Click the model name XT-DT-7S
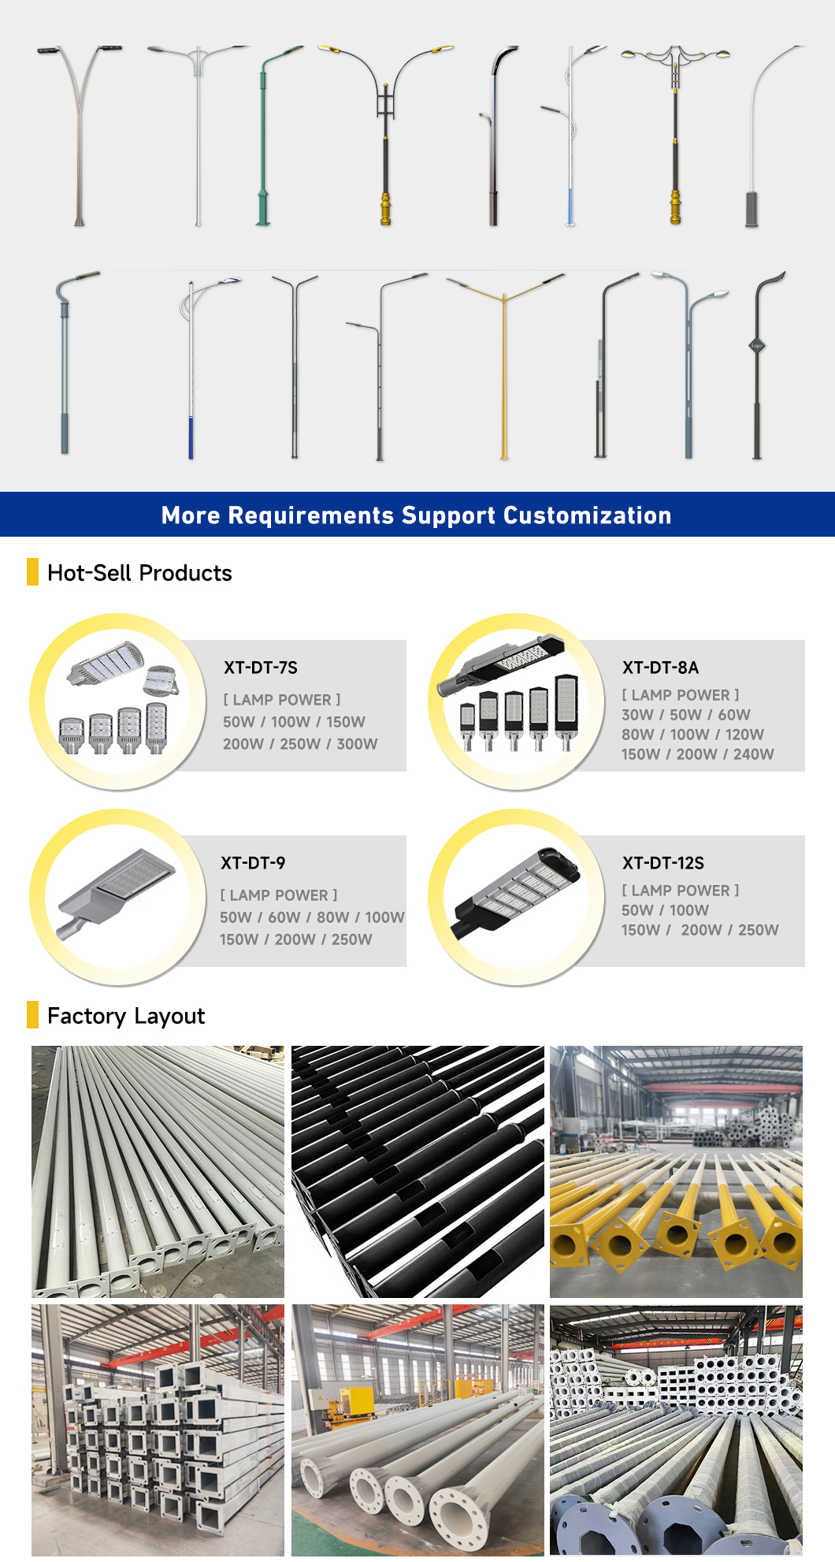pos(261,668)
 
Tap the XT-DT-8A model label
pos(660,668)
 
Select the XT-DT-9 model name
pos(253,863)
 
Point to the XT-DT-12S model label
pos(663,863)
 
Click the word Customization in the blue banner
pos(588,515)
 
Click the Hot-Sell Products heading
pos(139,573)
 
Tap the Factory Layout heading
pos(126,1016)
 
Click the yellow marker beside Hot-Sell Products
pos(32,572)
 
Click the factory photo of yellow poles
pos(676,1172)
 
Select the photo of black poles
pos(417,1172)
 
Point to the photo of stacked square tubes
pos(158,1430)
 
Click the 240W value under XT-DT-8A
pos(753,754)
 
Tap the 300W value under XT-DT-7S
pos(357,744)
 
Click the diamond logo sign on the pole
pos(757,345)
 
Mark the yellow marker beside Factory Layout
pos(32,1015)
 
